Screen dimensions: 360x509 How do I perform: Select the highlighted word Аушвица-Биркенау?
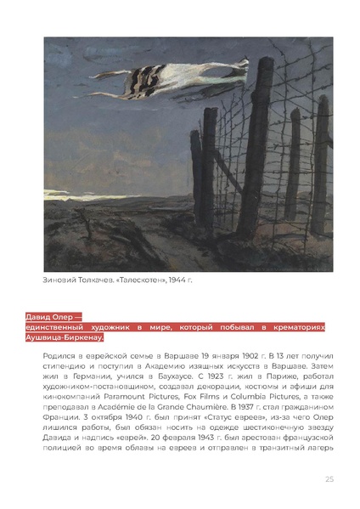coord(65,337)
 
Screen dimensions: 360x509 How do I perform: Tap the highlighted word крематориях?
coord(296,326)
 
